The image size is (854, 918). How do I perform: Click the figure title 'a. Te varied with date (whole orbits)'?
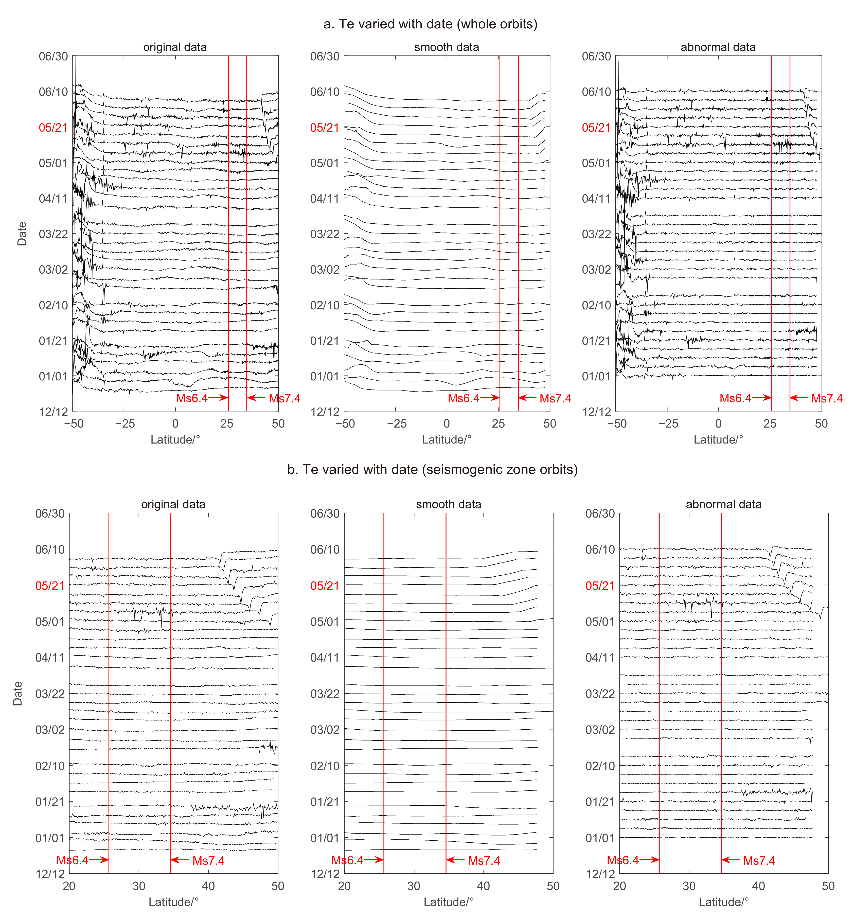[430, 24]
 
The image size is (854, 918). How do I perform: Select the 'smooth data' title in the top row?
[446, 47]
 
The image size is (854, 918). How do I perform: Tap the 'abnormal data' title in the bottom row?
[723, 504]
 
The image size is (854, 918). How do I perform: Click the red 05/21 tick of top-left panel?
[53, 128]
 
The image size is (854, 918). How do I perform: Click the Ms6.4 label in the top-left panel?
[192, 398]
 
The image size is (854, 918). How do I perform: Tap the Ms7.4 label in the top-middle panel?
[555, 398]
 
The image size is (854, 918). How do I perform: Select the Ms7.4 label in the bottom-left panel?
[208, 861]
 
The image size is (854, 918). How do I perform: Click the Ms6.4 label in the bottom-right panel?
[623, 860]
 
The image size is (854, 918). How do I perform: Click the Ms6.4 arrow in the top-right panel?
[762, 398]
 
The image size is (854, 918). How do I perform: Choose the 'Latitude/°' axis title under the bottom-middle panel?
[448, 902]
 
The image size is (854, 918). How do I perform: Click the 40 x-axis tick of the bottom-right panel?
[758, 886]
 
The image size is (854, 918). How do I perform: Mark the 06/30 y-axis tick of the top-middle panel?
[325, 56]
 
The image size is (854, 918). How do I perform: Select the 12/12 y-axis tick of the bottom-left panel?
[50, 874]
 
